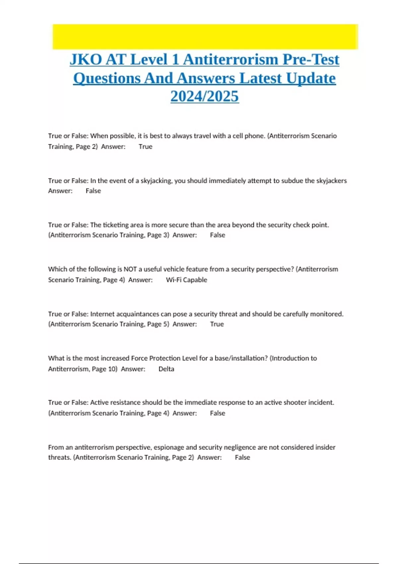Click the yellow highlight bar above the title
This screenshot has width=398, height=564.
point(205,36)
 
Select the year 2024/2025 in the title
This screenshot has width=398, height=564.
point(205,97)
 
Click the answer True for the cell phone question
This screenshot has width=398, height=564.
point(145,147)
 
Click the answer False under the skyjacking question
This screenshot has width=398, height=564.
point(93,191)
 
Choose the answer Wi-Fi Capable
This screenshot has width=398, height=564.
point(186,280)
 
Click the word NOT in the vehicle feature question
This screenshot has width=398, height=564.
point(130,269)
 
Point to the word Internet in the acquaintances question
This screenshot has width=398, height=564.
point(102,314)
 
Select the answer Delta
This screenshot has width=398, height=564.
point(166,369)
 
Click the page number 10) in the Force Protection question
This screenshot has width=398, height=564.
point(113,369)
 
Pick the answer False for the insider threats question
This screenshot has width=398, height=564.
point(242,458)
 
